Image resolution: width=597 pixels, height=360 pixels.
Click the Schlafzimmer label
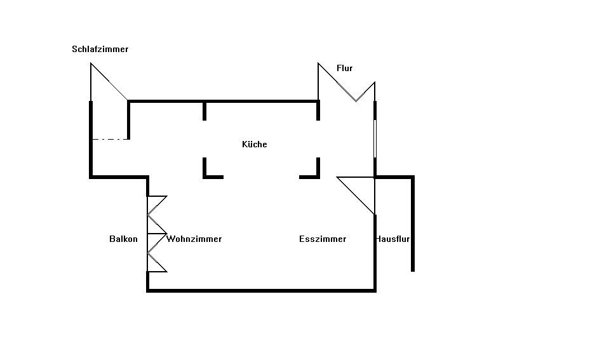tap(100, 49)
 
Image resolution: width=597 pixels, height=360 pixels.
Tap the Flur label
tap(344, 68)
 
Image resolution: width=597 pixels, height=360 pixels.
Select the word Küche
tap(255, 144)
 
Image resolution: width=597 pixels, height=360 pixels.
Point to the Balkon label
tap(123, 239)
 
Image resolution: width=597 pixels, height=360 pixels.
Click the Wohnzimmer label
tap(194, 239)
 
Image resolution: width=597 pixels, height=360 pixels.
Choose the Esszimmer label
tap(323, 239)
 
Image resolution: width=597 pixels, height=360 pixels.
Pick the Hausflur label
tap(392, 239)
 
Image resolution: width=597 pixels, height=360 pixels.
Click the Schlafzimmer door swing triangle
tap(104, 86)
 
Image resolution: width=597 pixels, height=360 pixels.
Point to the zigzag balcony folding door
tap(156, 234)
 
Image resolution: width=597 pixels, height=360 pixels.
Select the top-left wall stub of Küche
tap(205, 110)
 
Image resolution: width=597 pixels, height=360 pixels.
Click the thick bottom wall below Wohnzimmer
tap(261, 290)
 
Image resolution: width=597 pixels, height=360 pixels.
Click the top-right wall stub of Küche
tap(318, 110)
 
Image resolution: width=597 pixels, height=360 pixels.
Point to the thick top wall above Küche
tap(223, 100)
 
